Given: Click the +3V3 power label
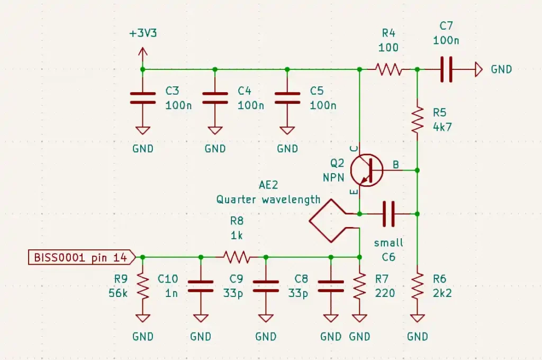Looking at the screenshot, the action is pyautogui.click(x=143, y=33).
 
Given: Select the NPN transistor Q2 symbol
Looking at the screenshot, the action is pyautogui.click(x=367, y=170).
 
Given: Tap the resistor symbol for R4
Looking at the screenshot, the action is pyautogui.click(x=389, y=69).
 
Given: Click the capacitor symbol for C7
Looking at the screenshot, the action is pyautogui.click(x=446, y=69).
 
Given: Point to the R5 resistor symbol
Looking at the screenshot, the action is pyautogui.click(x=417, y=120).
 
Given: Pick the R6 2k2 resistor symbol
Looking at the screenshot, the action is pyautogui.click(x=417, y=286).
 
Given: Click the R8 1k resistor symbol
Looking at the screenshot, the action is pyautogui.click(x=237, y=257).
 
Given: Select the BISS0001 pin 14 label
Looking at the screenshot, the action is pyautogui.click(x=82, y=257).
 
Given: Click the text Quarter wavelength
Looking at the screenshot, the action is pyautogui.click(x=268, y=200).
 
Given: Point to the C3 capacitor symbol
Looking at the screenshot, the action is pyautogui.click(x=143, y=98).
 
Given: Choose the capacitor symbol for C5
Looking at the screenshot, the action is pyautogui.click(x=287, y=98).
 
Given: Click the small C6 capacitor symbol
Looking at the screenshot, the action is pyautogui.click(x=389, y=214).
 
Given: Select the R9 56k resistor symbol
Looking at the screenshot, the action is pyautogui.click(x=143, y=286).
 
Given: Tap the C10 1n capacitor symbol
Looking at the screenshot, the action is pyautogui.click(x=201, y=286).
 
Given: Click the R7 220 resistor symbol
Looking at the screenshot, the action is pyautogui.click(x=359, y=286).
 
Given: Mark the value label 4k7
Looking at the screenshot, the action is pyautogui.click(x=442, y=127).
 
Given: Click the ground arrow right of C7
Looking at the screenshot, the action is pyautogui.click(x=478, y=69).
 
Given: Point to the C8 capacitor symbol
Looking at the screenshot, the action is pyautogui.click(x=331, y=286).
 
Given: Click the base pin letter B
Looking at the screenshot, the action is pyautogui.click(x=396, y=165).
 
